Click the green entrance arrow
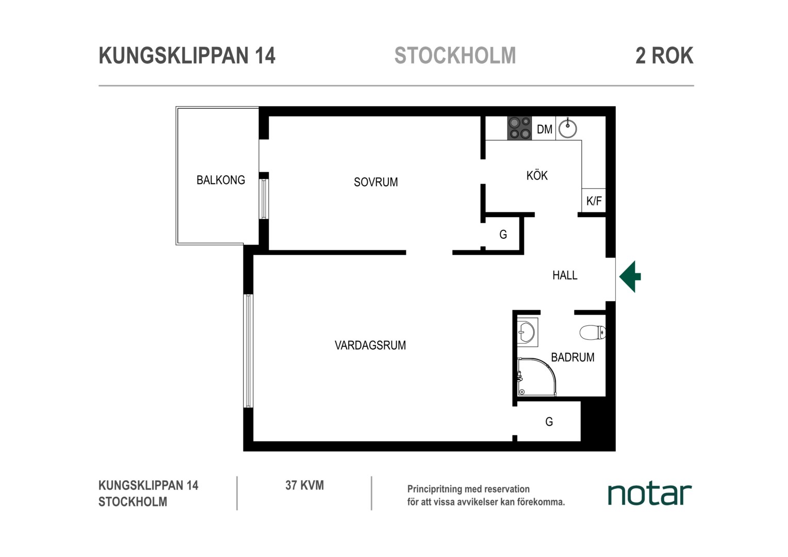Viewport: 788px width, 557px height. coord(630,276)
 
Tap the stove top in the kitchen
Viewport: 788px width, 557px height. coord(519,128)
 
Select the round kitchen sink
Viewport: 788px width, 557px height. coord(567,128)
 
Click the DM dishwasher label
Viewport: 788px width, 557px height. coord(544,129)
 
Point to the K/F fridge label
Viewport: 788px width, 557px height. coord(594,201)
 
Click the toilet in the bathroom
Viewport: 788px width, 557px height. coord(593,332)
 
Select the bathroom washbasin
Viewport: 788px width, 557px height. coord(527,332)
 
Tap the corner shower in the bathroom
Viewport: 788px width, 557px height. coord(536,377)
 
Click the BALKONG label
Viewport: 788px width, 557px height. coord(221,180)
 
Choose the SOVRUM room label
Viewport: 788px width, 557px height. coord(376,182)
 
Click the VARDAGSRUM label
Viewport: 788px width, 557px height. coord(370,346)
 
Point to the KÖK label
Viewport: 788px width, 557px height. coord(537,175)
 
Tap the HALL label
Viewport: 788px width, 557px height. coord(565,275)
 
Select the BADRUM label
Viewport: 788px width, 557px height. coord(573,357)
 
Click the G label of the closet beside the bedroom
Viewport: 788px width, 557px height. coord(503,234)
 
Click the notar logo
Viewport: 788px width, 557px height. coord(650,495)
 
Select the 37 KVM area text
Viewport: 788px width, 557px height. coord(305,486)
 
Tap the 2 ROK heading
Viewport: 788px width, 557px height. coord(665,56)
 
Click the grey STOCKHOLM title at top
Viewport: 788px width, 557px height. coord(455,56)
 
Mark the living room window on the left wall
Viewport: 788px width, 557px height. coord(249,351)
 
